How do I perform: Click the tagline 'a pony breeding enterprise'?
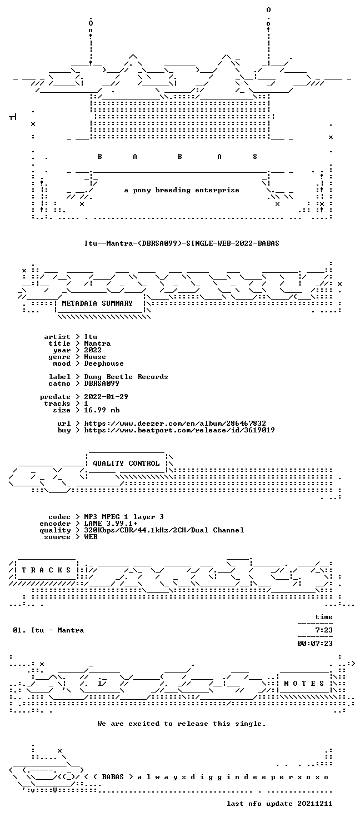(182, 191)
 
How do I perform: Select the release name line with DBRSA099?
(182, 243)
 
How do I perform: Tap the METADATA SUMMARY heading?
(97, 303)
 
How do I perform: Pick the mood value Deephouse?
(104, 363)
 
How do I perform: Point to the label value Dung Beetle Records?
(126, 377)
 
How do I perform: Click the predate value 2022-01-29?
(106, 397)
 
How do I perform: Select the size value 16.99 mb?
(102, 410)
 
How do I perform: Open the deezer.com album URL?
(175, 424)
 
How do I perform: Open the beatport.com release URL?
(179, 430)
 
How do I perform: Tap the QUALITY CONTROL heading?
(126, 464)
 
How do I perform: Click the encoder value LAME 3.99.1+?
(111, 524)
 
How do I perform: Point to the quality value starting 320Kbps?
(164, 530)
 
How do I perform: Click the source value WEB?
(91, 537)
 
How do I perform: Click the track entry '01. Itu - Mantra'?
(48, 630)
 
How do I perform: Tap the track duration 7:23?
(324, 630)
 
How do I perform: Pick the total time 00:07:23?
(315, 644)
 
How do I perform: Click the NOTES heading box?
(304, 684)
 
